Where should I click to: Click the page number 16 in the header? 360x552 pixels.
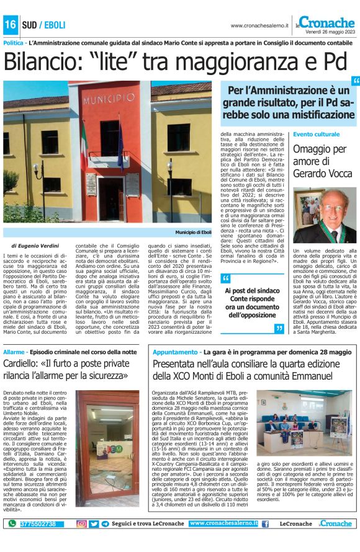pyautogui.click(x=11, y=25)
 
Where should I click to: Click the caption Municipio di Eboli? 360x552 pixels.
pyautogui.click(x=193, y=231)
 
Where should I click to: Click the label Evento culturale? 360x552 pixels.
pyautogui.click(x=317, y=134)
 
